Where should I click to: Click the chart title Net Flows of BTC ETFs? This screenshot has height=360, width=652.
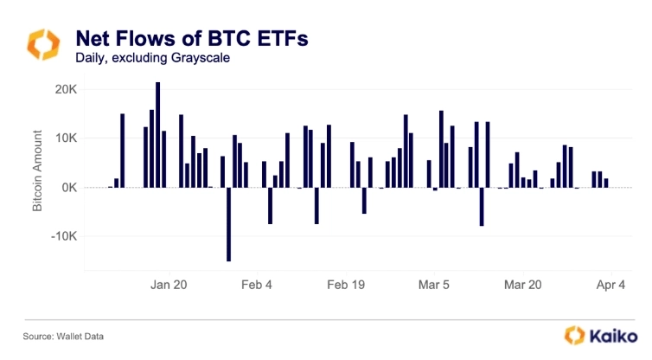click(191, 38)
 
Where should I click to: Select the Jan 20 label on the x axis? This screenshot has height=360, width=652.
click(169, 284)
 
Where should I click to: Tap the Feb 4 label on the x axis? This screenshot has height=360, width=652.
click(257, 284)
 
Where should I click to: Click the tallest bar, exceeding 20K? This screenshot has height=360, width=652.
click(157, 134)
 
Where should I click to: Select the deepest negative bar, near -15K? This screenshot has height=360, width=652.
click(228, 223)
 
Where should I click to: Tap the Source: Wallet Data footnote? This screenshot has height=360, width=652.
click(57, 335)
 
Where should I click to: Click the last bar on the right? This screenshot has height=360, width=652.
click(606, 183)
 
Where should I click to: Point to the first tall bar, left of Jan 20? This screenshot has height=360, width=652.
click(122, 151)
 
